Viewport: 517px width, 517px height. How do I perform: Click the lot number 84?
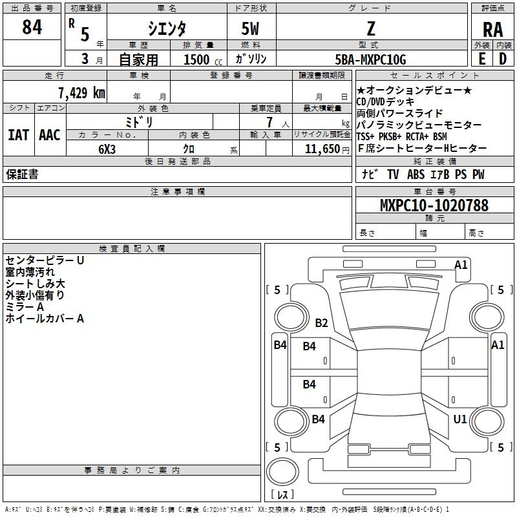32,26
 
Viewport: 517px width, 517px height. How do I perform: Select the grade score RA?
492,30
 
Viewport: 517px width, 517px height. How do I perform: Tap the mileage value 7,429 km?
81,92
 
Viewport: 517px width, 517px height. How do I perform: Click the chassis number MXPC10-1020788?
434,205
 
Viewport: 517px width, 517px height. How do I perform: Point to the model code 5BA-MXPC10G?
370,59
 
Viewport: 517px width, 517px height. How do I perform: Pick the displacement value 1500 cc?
203,59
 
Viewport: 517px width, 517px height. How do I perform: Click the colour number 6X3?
107,149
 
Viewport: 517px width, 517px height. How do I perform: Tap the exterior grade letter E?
481,59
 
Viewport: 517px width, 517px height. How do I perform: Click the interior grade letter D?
503,59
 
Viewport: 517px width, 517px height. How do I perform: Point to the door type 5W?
250,28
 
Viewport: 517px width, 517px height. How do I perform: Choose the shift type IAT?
18,135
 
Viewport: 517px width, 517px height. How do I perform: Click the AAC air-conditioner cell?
50,135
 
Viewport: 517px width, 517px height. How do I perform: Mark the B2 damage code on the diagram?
321,322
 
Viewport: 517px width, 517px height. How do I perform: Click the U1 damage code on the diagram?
460,419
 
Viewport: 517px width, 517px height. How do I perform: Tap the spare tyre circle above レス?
282,472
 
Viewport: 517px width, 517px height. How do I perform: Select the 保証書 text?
22,174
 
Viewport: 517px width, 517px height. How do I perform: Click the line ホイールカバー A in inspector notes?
45,318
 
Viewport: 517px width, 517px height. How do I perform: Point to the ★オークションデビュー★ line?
414,90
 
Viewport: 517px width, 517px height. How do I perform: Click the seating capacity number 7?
269,122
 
